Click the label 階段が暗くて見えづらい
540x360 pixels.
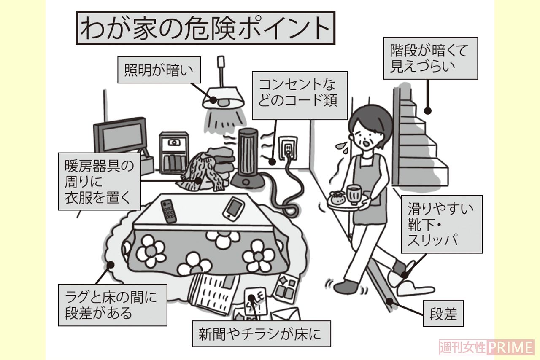(x=430, y=58)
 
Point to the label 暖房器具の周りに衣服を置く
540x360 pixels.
(x=100, y=181)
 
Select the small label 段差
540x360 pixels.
(x=443, y=313)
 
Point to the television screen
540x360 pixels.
(x=120, y=136)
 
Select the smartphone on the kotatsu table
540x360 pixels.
(x=233, y=209)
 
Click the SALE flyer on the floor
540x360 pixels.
(x=254, y=301)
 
